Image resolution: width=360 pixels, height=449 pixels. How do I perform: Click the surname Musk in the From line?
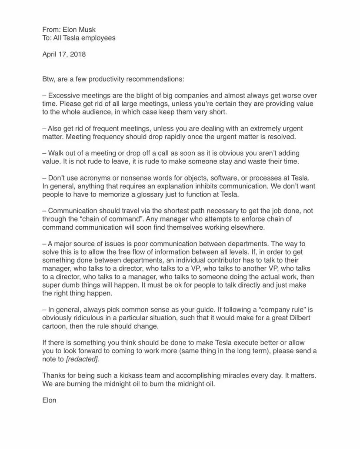point(86,30)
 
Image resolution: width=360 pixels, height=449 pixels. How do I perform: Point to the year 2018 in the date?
point(77,54)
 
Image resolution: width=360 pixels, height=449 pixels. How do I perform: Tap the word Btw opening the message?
point(49,79)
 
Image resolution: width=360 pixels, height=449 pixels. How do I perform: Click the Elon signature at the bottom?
point(49,400)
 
